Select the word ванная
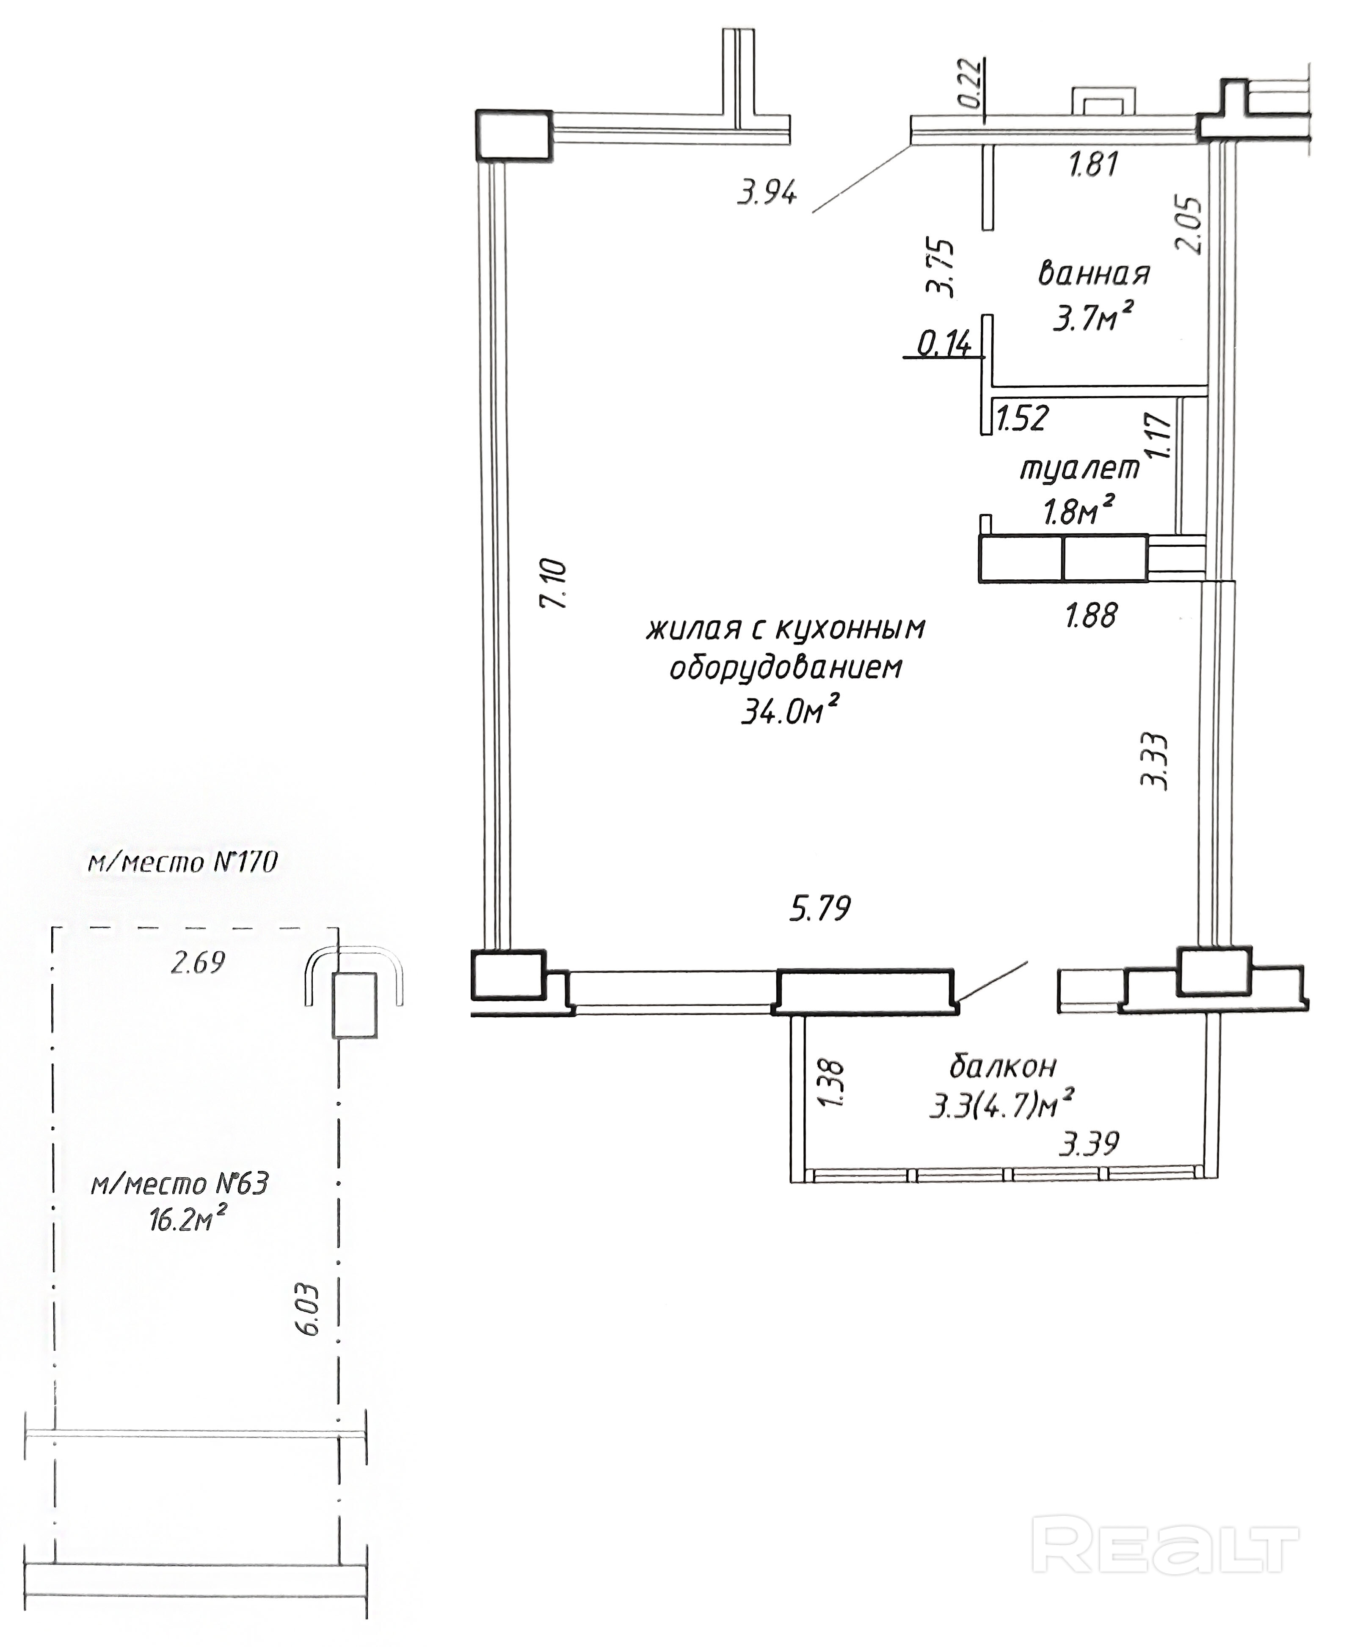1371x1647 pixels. coord(1094,274)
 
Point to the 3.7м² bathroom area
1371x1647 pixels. coord(1094,318)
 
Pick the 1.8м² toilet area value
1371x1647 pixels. coord(1079,511)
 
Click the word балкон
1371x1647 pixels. coord(1003,1066)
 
